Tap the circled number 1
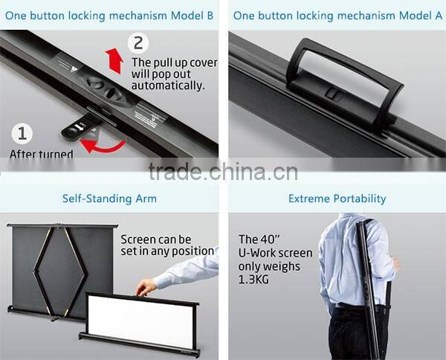[x=22, y=134]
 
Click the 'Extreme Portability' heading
[x=337, y=199]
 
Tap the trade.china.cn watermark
[x=223, y=173]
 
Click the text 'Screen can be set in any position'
[x=167, y=245]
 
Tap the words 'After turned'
[x=41, y=155]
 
